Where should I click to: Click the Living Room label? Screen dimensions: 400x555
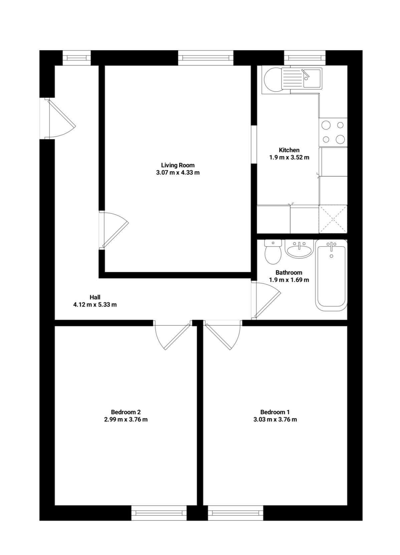click(178, 165)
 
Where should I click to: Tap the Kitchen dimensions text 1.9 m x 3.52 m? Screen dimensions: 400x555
click(289, 157)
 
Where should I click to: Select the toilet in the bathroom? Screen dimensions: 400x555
click(273, 251)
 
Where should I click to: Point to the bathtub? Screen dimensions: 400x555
click(331, 275)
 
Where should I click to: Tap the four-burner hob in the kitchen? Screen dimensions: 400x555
click(333, 132)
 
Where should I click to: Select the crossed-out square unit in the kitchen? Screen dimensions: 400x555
click(333, 219)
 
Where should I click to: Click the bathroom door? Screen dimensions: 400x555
click(266, 299)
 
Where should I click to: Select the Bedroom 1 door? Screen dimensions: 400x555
click(223, 335)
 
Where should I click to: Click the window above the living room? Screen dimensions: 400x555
click(206, 58)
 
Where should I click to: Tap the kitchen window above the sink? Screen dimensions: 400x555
click(305, 58)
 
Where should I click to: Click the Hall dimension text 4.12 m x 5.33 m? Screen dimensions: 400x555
click(95, 304)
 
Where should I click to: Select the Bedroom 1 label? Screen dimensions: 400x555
click(275, 412)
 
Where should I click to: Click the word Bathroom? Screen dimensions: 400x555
click(289, 273)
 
